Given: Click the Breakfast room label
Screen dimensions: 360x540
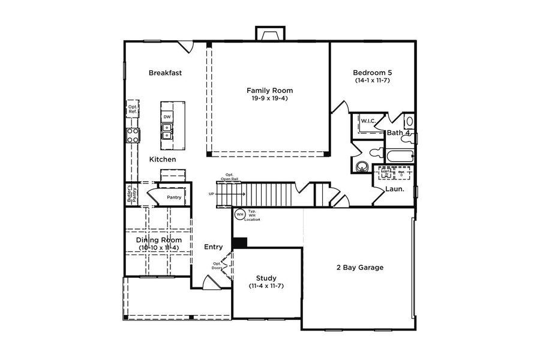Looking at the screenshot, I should (165, 73).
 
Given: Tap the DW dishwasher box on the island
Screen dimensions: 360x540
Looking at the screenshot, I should (167, 116).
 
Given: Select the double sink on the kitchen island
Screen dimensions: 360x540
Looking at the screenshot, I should (167, 131).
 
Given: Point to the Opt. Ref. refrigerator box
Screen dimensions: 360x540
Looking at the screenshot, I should (133, 109).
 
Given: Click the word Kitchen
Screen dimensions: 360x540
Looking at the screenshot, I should (163, 160).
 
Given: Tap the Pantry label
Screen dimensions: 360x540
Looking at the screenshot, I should (174, 197).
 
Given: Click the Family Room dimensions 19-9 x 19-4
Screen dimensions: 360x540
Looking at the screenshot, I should (270, 98).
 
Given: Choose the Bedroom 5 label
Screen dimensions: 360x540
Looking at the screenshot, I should (372, 73).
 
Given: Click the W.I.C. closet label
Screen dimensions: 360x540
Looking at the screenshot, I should (368, 121).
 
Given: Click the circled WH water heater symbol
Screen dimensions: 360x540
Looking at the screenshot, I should (239, 214).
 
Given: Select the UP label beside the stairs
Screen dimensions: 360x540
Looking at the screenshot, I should (211, 194).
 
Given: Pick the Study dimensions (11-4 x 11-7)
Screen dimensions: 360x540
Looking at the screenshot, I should (266, 286).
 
